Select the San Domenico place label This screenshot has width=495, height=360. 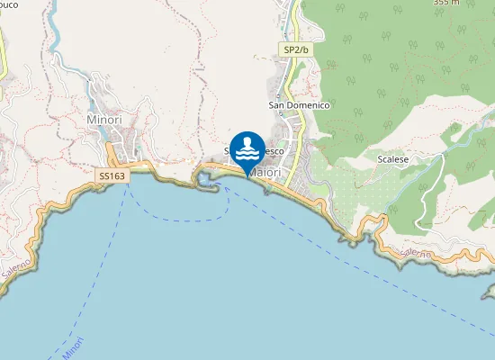(x=300, y=105)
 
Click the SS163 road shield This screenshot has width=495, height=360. (x=112, y=176)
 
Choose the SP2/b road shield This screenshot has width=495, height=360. (x=296, y=50)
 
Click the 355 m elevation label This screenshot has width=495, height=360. (x=446, y=3)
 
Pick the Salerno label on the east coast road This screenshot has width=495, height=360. (x=416, y=255)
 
